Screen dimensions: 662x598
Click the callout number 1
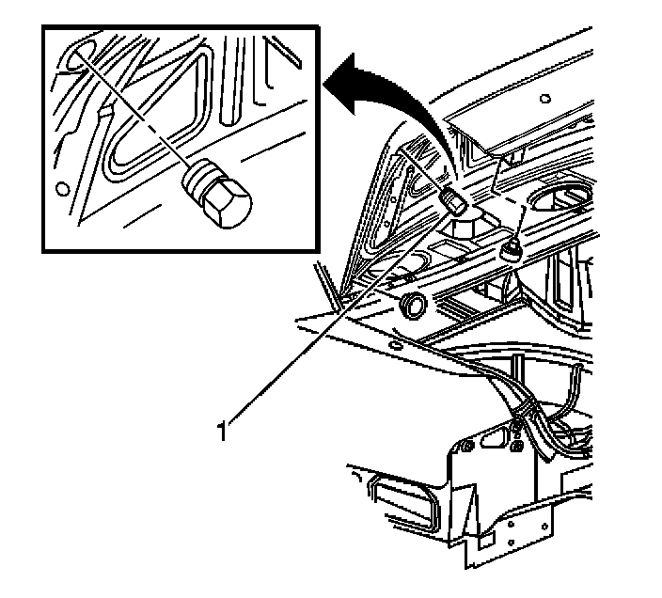223,432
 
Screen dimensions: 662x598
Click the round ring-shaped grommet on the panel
412,305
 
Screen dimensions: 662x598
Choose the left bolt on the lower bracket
467,445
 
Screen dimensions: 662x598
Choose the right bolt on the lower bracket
517,444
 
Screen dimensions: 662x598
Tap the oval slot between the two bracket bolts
493,441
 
